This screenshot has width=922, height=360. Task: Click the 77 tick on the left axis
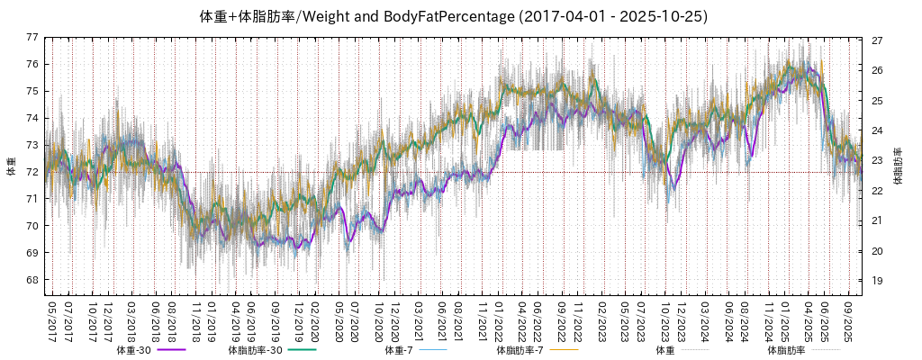[x=32, y=37]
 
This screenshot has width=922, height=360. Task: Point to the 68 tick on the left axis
[x=32, y=280]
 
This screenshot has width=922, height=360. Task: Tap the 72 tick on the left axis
[x=32, y=172]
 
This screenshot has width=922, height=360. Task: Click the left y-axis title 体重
[x=11, y=166]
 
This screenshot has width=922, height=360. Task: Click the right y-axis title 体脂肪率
[x=898, y=166]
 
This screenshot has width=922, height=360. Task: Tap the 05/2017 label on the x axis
[x=52, y=319]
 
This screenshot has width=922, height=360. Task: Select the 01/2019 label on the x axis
[x=212, y=319]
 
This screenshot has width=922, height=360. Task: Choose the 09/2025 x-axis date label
[x=848, y=319]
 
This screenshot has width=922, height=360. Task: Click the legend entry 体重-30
[x=136, y=350]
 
